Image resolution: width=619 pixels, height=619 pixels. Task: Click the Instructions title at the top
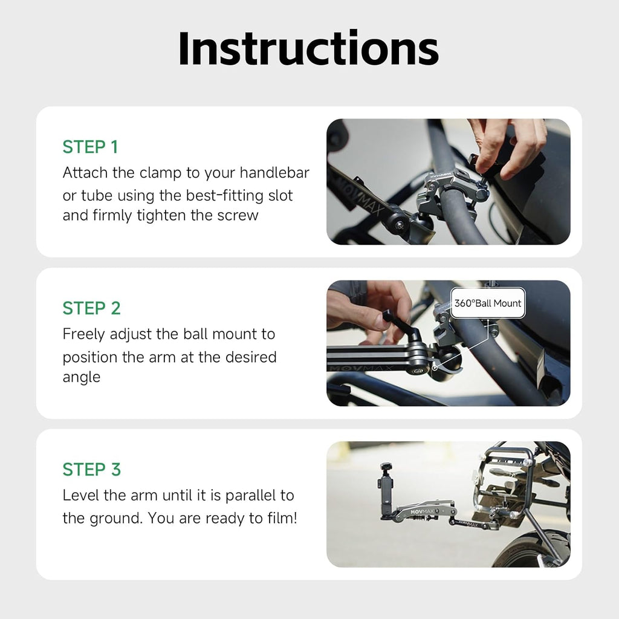pyautogui.click(x=308, y=48)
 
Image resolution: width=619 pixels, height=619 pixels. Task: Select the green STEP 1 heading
pyautogui.click(x=91, y=147)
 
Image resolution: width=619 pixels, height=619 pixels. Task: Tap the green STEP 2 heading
pyautogui.click(x=92, y=308)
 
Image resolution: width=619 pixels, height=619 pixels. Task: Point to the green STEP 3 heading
pyautogui.click(x=92, y=469)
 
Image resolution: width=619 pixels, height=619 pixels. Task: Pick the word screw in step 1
pyautogui.click(x=238, y=216)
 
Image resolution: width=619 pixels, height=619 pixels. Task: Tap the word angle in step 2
pyautogui.click(x=81, y=377)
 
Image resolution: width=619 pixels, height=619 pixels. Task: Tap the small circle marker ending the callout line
pyautogui.click(x=435, y=366)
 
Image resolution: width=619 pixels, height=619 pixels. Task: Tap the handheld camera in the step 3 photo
pyautogui.click(x=385, y=484)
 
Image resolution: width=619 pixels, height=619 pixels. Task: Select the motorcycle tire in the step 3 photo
pyautogui.click(x=526, y=550)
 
